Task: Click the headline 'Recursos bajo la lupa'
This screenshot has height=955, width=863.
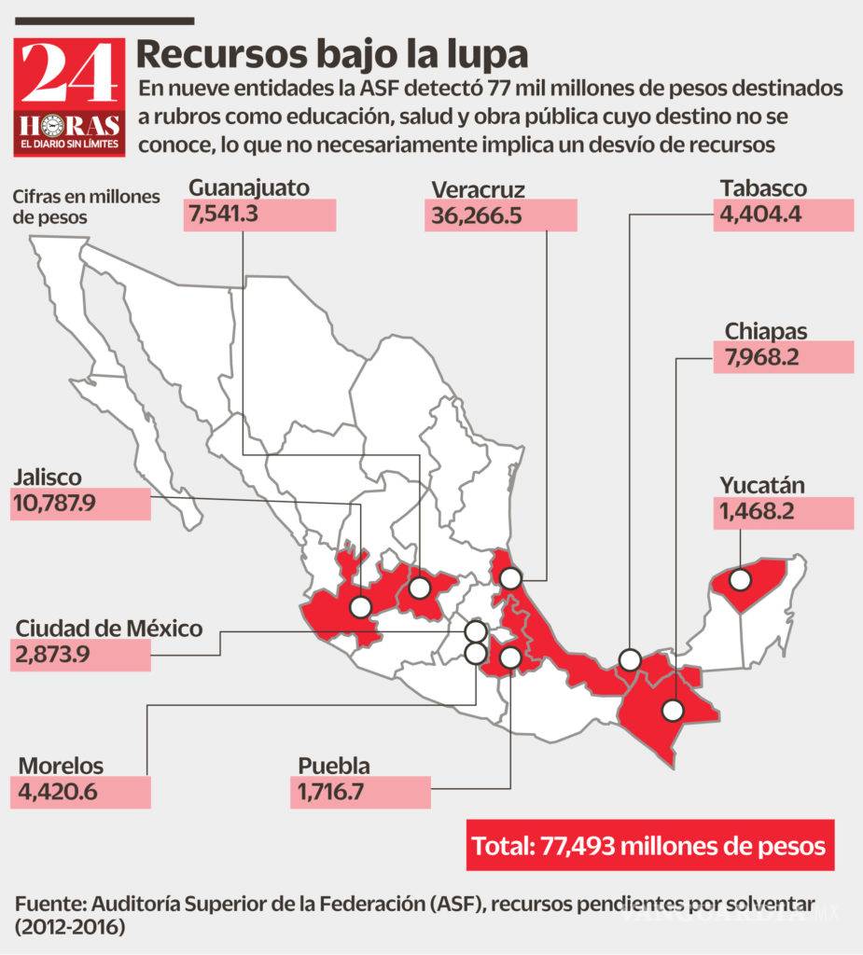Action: click(x=332, y=54)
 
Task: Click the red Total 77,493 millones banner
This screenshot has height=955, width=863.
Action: click(x=648, y=846)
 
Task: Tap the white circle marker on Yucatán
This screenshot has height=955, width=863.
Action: click(x=741, y=580)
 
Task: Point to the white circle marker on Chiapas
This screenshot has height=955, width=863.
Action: click(x=673, y=711)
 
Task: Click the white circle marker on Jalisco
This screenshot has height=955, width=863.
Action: click(x=361, y=608)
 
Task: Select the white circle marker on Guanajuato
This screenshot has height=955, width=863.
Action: click(x=420, y=588)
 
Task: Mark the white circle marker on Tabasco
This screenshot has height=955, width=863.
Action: click(x=631, y=660)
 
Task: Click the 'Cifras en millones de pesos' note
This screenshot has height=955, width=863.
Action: click(x=86, y=207)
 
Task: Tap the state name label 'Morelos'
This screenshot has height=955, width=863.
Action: click(x=61, y=766)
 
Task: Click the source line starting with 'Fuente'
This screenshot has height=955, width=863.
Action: click(x=414, y=916)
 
